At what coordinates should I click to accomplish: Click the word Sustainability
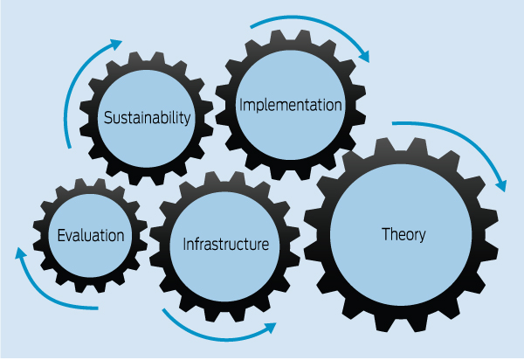pyautogui.click(x=147, y=117)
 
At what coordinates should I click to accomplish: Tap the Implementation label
pyautogui.click(x=289, y=106)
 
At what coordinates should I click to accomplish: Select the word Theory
pyautogui.click(x=403, y=234)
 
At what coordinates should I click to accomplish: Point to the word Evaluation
pyautogui.click(x=91, y=235)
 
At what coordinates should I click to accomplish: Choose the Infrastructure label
pyautogui.click(x=225, y=244)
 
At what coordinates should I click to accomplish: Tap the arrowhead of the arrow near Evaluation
pyautogui.click(x=21, y=253)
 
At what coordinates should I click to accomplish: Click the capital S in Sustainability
pyautogui.click(x=108, y=117)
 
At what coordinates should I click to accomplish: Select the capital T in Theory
pyautogui.click(x=386, y=234)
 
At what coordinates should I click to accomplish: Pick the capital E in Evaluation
pyautogui.click(x=61, y=235)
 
